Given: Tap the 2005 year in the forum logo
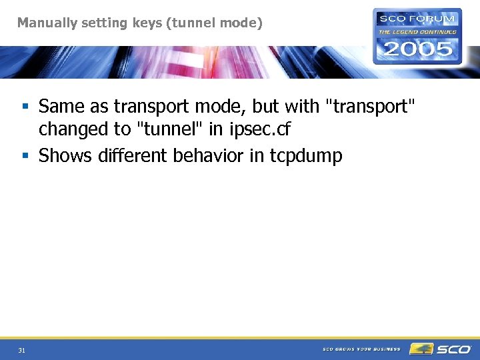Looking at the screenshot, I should [417, 49].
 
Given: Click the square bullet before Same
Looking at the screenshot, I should [25, 107].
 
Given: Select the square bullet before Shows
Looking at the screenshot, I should [25, 156].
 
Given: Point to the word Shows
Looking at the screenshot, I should [66, 155].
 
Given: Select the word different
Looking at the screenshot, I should [133, 155].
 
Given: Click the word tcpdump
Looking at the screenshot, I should [306, 156].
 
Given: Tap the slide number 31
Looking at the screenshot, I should [22, 350].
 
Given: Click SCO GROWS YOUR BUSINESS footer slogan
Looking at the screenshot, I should [361, 349].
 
